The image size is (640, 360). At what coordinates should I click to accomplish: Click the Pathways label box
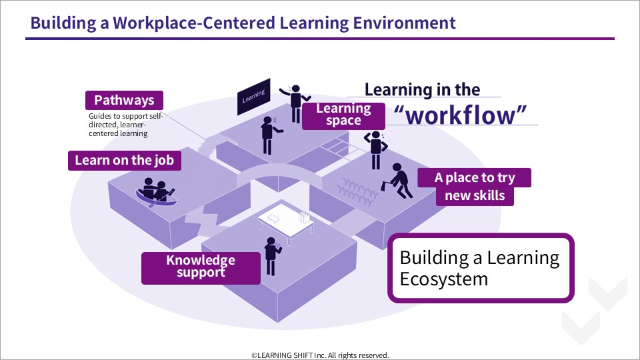tap(124, 101)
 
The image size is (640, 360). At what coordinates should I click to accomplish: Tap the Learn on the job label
tap(125, 161)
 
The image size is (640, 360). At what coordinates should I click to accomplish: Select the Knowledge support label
tap(201, 268)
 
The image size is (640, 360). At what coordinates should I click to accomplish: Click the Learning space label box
tap(343, 116)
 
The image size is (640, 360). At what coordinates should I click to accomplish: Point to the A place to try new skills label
tap(474, 187)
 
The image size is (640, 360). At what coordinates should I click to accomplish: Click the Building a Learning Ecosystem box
tap(481, 268)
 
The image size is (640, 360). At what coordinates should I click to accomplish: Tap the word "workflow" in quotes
tap(460, 115)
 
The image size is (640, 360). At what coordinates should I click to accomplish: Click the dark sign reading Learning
tap(254, 97)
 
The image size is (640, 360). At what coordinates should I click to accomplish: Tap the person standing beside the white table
tap(272, 256)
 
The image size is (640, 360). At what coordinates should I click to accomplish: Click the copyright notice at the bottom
tap(320, 355)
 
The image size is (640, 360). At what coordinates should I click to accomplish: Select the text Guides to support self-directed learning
tap(125, 125)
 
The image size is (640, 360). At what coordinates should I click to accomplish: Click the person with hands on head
tap(375, 150)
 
